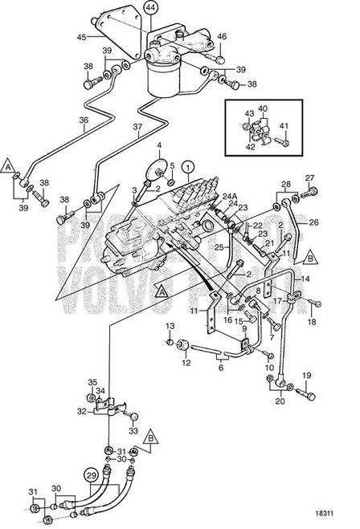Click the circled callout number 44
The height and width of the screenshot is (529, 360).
152,10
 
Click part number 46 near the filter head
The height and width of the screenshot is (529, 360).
223,37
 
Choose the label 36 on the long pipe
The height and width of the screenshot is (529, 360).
83,121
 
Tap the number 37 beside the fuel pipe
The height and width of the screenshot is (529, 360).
139,128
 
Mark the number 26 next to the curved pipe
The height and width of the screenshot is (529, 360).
315,223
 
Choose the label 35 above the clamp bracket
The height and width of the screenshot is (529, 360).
92,382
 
